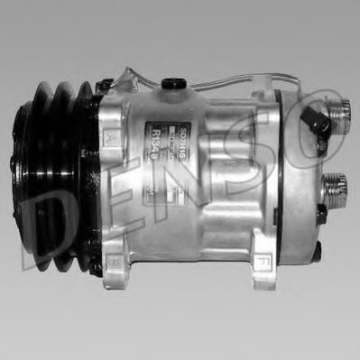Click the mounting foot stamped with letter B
pyautogui.click(x=116, y=263)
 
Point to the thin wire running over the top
pyautogui.click(x=226, y=80)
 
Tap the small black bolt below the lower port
pyautogui.click(x=322, y=212)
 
